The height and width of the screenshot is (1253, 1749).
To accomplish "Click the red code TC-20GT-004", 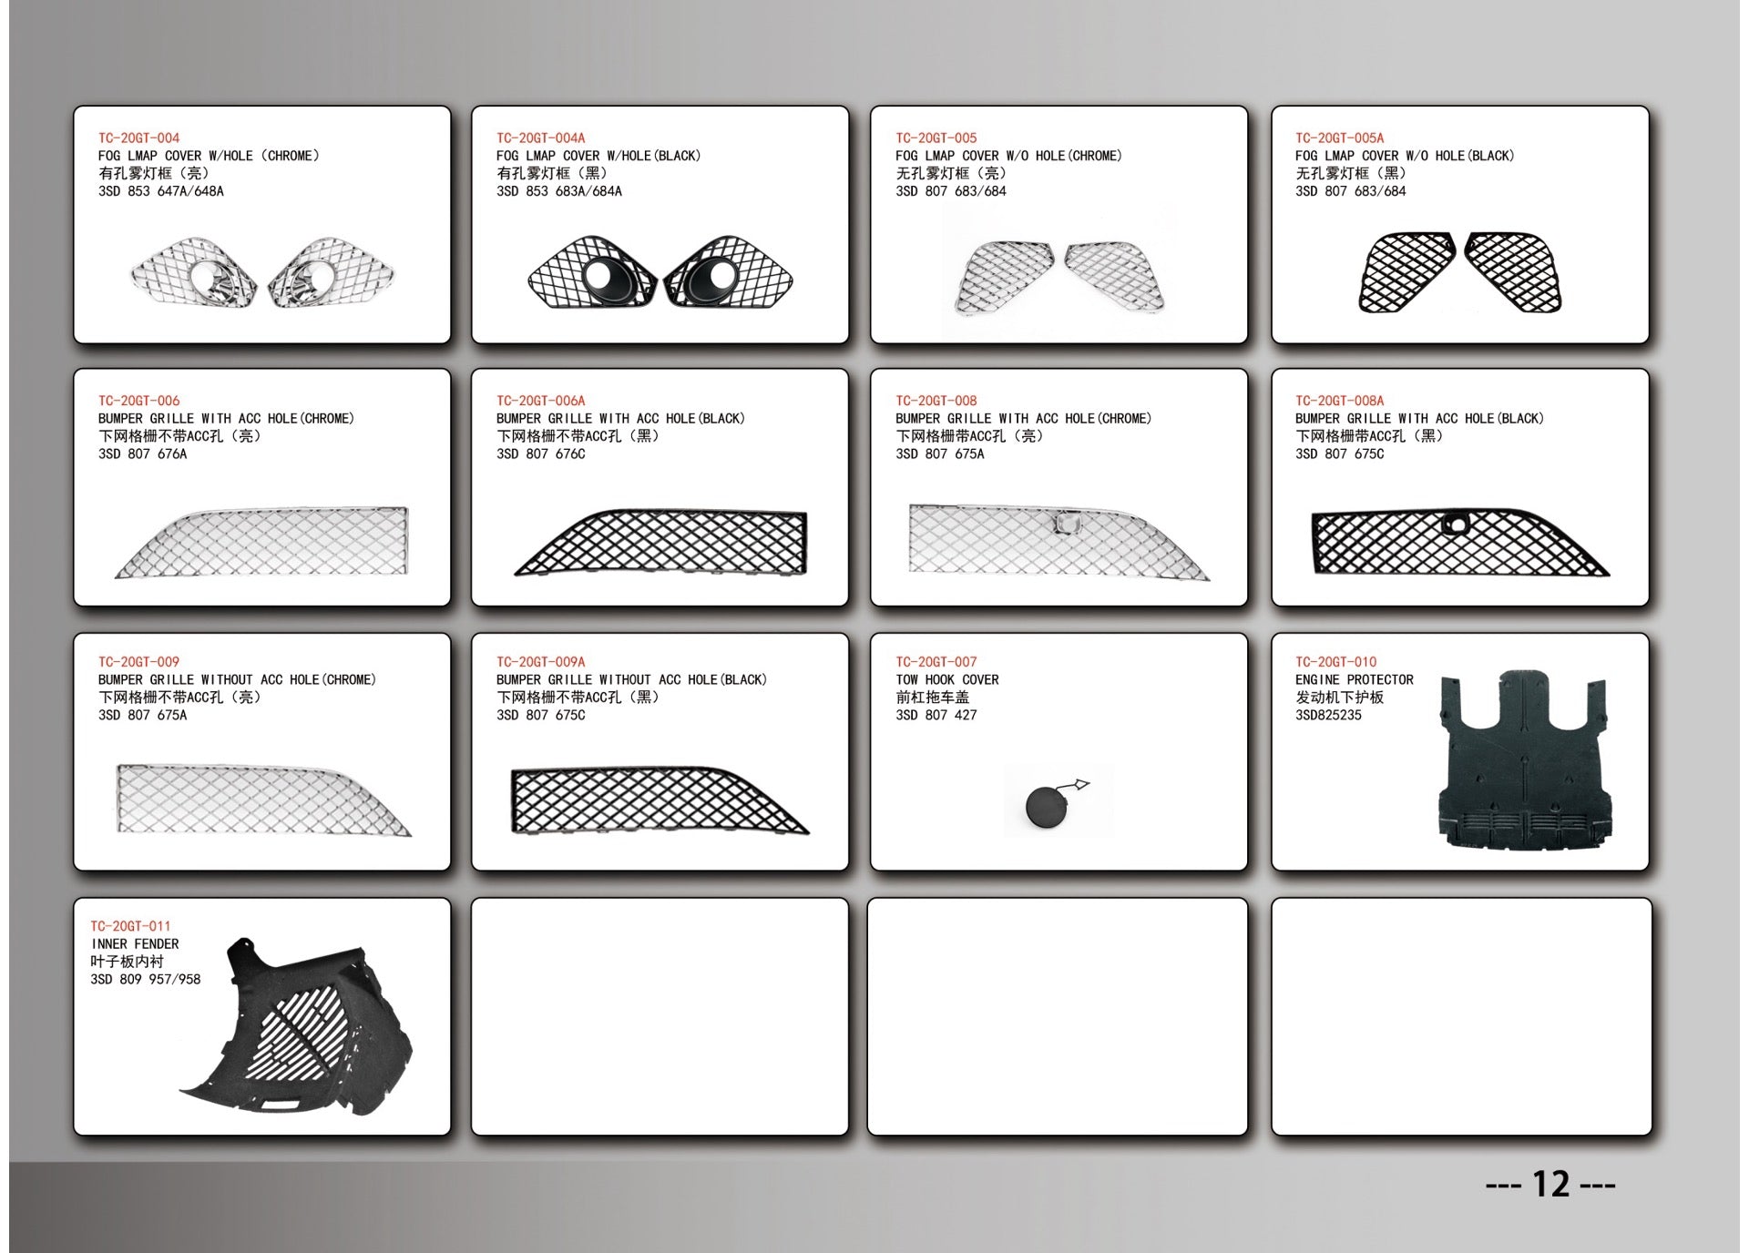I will pos(138,138).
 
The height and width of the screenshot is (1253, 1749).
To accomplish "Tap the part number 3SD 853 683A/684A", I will pos(558,191).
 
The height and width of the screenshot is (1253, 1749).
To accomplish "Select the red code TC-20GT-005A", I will pos(1338,138).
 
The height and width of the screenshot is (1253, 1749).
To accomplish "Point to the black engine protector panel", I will pos(1521,765).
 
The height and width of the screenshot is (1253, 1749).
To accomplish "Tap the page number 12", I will pos(1550,1184).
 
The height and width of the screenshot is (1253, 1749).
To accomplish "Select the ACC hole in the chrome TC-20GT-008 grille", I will pos(1065,523).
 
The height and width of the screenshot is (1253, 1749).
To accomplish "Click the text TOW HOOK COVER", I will pos(946,680).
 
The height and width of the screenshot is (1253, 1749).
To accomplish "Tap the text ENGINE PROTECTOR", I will pos(1354,680).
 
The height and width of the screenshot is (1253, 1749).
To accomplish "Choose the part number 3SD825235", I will pos(1328,716).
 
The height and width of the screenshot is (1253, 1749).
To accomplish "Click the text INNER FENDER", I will pos(135,944).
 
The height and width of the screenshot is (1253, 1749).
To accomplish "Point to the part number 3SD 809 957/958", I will pos(145,980).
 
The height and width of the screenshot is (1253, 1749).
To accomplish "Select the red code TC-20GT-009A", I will pos(540,662).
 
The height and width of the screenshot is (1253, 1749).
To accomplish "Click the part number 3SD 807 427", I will pos(936,716).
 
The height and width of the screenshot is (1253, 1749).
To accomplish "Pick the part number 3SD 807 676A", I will pos(142,454).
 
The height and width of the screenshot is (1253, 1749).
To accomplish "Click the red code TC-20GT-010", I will pos(1335,662).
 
